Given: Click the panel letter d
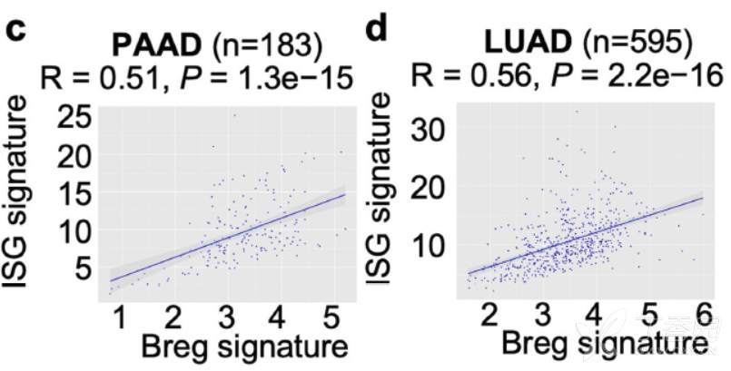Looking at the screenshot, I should (x=375, y=29).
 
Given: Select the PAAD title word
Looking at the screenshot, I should (x=159, y=44).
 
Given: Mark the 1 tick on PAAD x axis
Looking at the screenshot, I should (x=120, y=316).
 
